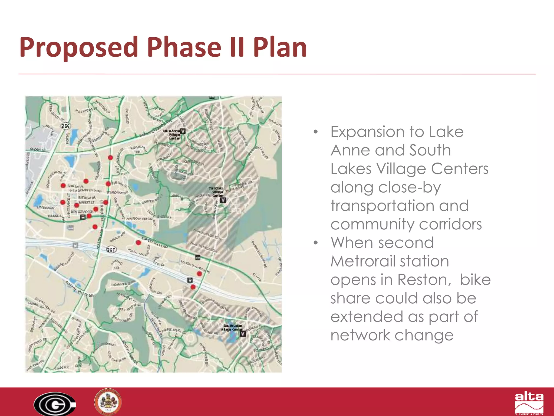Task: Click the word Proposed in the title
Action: coord(79,47)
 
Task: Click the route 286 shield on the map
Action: coord(65,126)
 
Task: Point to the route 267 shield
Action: coord(111,249)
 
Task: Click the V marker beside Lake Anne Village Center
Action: coord(183,131)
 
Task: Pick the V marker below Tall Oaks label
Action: coord(223,200)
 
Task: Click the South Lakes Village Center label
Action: coord(231,327)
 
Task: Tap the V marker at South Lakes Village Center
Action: coord(243,334)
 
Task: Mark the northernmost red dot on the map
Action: coord(110,157)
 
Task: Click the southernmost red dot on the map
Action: coord(193,287)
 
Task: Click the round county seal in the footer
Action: coord(108,402)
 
